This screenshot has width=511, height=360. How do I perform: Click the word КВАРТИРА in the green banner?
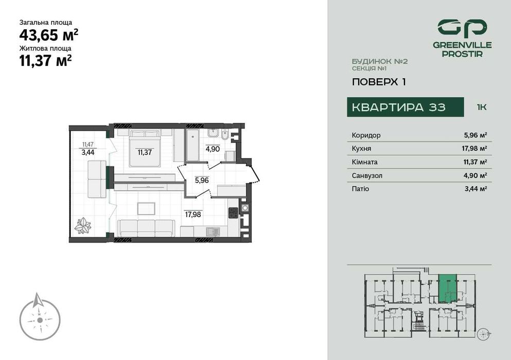pos(384,107)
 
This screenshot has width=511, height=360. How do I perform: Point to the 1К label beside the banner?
pos(482,107)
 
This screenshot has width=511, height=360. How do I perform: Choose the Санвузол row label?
pos(367,175)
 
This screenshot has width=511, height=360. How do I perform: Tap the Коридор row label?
pos(366,135)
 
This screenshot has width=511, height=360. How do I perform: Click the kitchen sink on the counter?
pos(211,231)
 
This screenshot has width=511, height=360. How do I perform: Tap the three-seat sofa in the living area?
pos(146,227)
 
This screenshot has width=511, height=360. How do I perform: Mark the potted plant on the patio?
pos(83,225)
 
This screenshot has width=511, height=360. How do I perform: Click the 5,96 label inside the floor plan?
pos(202,181)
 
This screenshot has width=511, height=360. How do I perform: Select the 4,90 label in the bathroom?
pos(213,149)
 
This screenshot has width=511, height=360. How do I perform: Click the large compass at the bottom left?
pos(40,316)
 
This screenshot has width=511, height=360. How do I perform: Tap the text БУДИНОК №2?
pos(380,61)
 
